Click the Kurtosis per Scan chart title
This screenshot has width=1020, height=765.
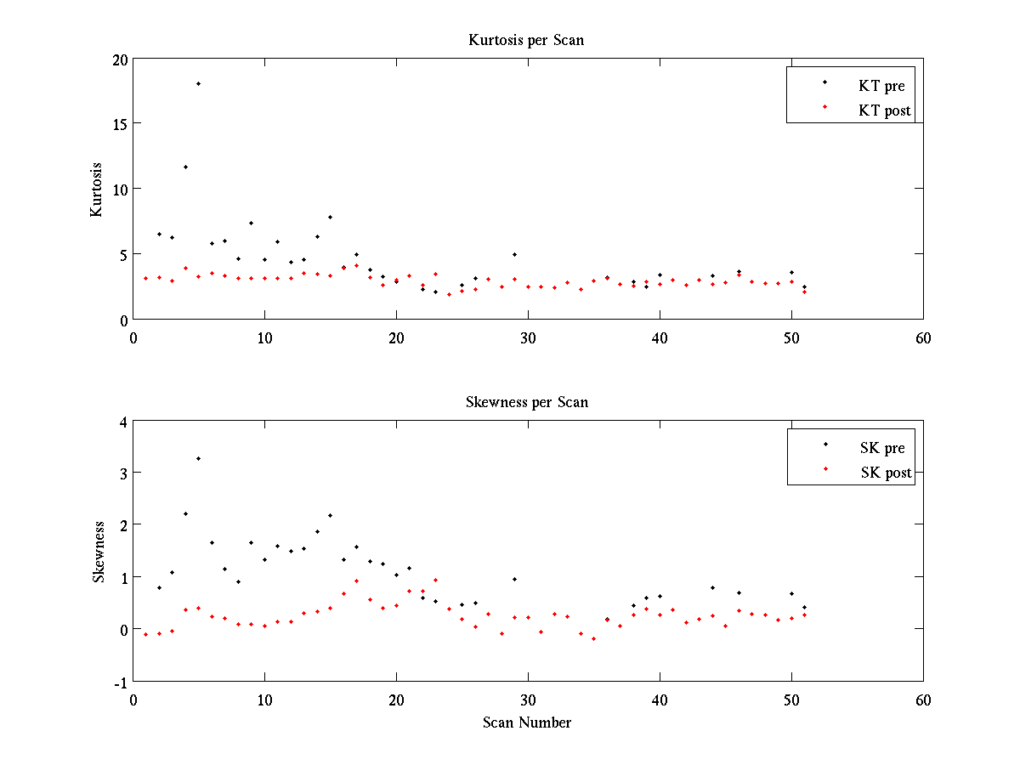click(526, 40)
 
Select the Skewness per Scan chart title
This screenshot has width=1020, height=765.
click(526, 402)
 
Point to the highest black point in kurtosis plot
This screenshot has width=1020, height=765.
click(198, 83)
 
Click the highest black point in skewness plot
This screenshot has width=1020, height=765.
click(198, 458)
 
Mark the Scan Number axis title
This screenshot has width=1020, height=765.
click(527, 722)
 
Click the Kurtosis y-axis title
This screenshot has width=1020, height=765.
click(97, 190)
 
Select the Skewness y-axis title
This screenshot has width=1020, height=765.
click(99, 552)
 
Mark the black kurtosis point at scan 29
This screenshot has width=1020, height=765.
click(514, 254)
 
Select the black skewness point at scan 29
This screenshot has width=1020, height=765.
click(514, 579)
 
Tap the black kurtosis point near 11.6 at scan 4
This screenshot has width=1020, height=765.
click(185, 167)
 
